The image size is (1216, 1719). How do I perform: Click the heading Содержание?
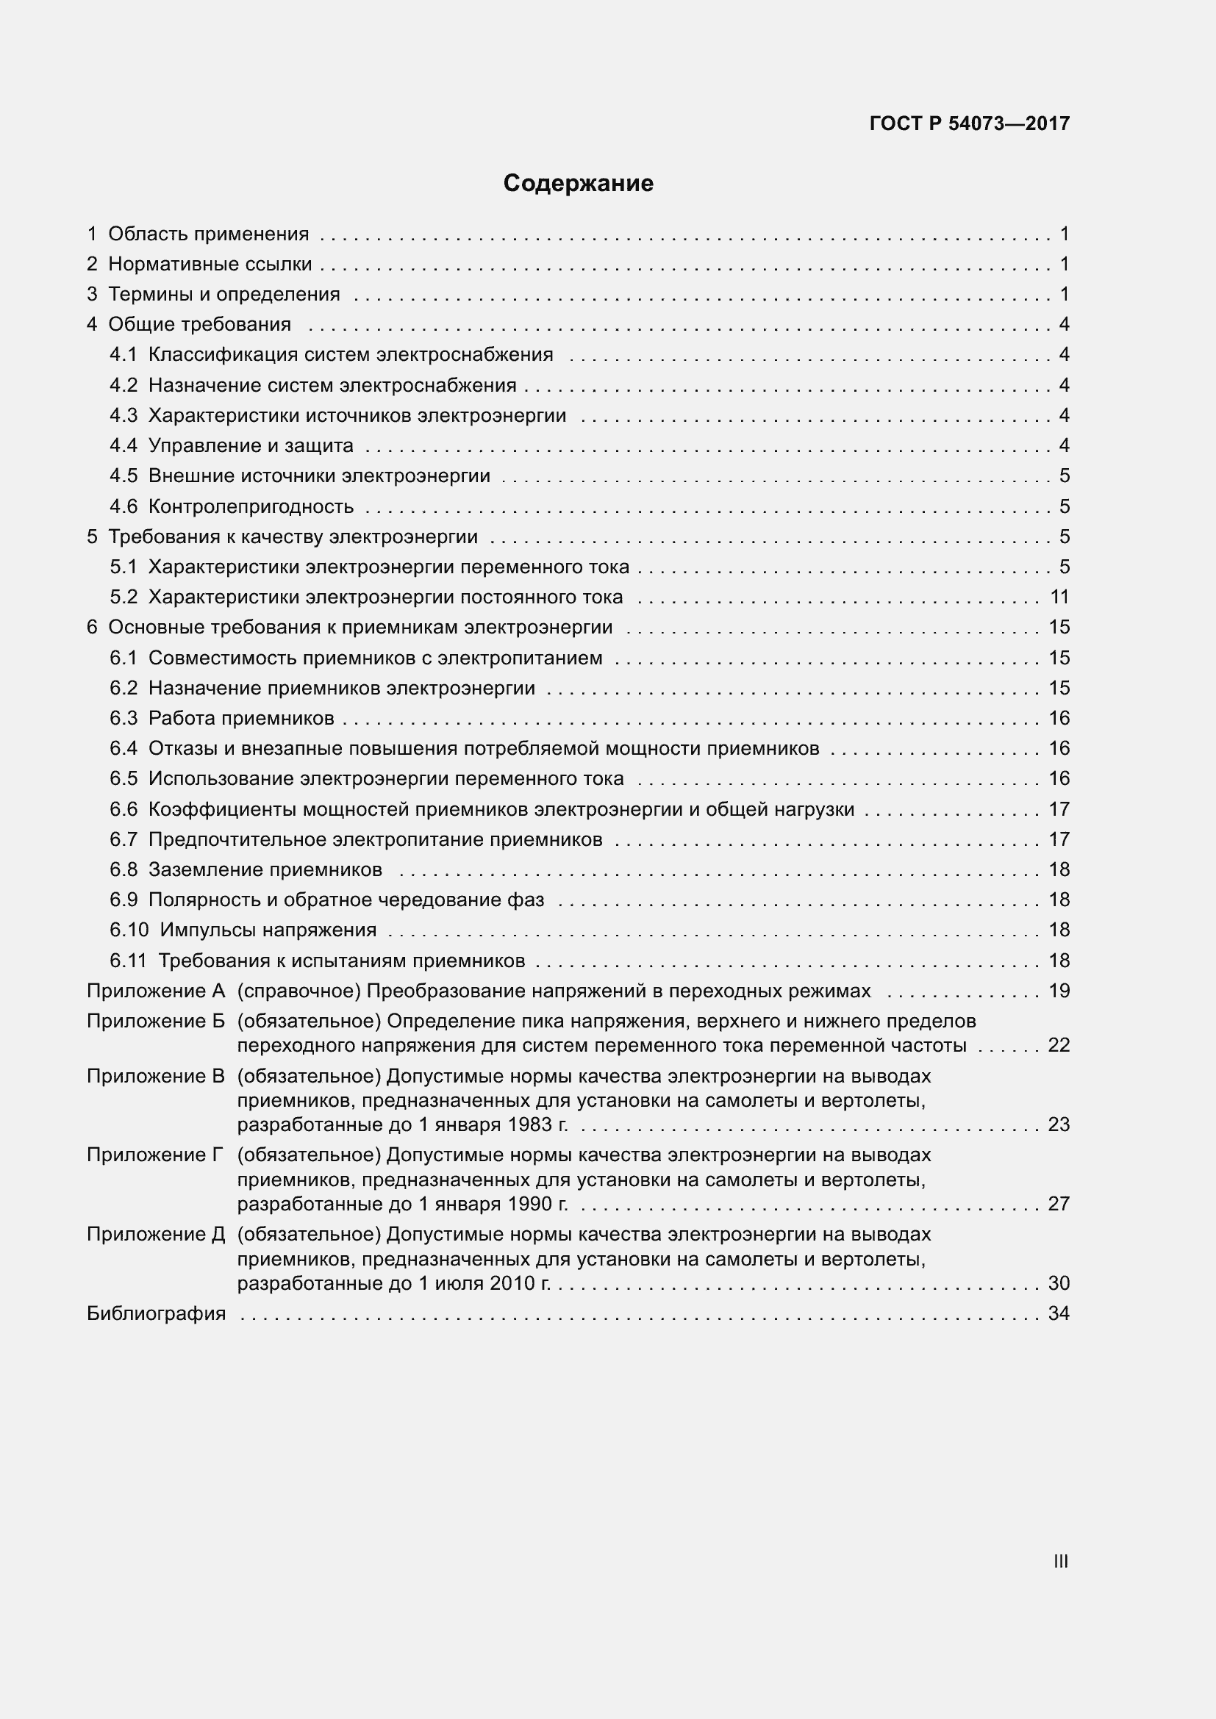tap(578, 184)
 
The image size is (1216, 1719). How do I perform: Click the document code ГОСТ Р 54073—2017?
tap(969, 123)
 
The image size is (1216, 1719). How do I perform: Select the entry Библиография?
tap(156, 1314)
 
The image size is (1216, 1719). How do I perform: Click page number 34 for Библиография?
tap(1059, 1314)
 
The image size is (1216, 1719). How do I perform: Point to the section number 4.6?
tap(124, 507)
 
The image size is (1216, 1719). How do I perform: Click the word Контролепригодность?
tap(251, 507)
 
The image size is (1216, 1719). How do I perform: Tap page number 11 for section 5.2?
tap(1059, 597)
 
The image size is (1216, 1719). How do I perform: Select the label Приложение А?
tap(156, 991)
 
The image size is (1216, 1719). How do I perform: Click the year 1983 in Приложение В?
tap(531, 1124)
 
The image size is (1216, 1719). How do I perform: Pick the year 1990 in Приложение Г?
tap(531, 1204)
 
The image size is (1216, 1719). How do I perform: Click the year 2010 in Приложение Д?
tap(513, 1283)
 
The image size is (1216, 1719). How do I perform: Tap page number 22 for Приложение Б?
tap(1059, 1045)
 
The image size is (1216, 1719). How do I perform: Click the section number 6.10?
tap(129, 930)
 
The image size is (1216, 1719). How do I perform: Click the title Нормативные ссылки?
tap(210, 265)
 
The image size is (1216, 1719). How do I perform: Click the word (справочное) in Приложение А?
tap(299, 991)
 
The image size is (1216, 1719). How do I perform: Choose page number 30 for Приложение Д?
tap(1059, 1283)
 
